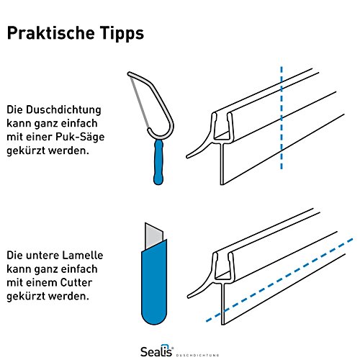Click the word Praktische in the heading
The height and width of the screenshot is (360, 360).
[51, 33]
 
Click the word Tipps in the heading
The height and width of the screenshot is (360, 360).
[122, 34]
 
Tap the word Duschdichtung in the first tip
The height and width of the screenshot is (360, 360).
[63, 109]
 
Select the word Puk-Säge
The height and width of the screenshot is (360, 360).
[80, 137]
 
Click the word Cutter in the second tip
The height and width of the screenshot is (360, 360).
[76, 282]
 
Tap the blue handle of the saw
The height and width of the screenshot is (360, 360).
[158, 162]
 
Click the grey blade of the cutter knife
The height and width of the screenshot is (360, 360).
[153, 236]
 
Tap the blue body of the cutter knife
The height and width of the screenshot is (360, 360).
[154, 283]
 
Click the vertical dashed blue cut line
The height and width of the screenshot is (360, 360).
[282, 117]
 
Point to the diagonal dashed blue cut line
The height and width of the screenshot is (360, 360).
[279, 280]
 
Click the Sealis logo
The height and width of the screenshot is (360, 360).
[157, 351]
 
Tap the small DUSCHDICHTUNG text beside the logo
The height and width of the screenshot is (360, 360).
[197, 355]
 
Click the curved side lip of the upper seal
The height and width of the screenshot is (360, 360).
[200, 148]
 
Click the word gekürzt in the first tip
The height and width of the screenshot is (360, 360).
[26, 150]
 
